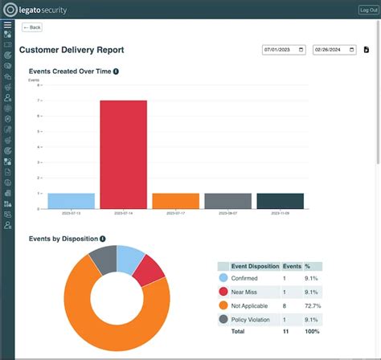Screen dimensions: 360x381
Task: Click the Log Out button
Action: pyautogui.click(x=367, y=10)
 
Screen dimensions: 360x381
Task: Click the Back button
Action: pyautogui.click(x=32, y=27)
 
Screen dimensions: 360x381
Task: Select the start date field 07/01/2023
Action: pyautogui.click(x=284, y=50)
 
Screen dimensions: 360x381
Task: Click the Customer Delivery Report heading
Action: pyautogui.click(x=72, y=50)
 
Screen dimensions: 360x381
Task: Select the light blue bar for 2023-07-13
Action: pyautogui.click(x=71, y=201)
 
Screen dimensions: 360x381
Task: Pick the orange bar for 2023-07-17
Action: pyautogui.click(x=175, y=201)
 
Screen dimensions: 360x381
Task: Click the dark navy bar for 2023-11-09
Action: pyautogui.click(x=280, y=201)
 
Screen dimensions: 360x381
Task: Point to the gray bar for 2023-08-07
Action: pyautogui.click(x=227, y=201)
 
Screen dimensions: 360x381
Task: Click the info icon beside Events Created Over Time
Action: pyautogui.click(x=117, y=72)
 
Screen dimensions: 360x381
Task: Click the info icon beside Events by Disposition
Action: pyautogui.click(x=103, y=239)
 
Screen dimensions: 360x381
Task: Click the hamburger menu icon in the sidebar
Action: pyautogui.click(x=7, y=25)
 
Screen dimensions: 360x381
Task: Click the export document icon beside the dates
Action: pyautogui.click(x=366, y=50)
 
